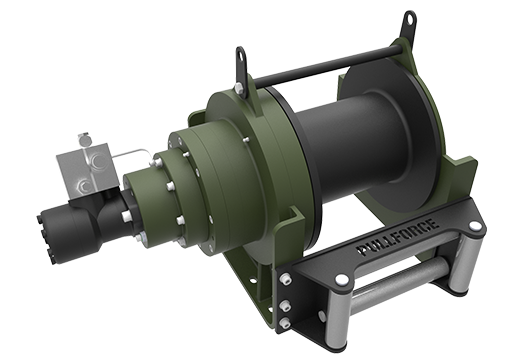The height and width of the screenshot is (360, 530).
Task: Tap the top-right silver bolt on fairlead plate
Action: (473, 227)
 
